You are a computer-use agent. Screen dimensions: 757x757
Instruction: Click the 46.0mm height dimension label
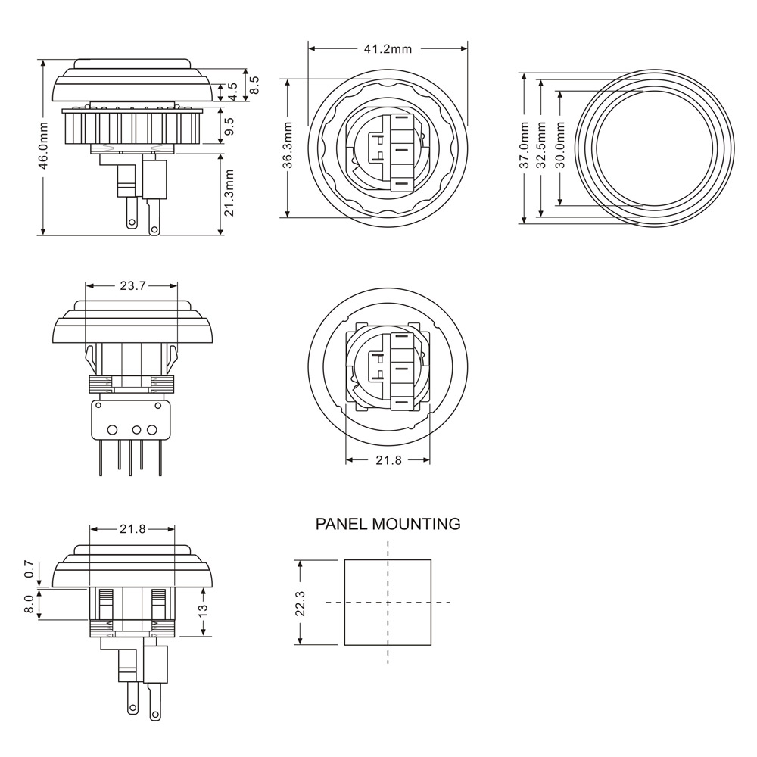(x=43, y=145)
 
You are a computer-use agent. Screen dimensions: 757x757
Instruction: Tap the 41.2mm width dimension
(x=388, y=48)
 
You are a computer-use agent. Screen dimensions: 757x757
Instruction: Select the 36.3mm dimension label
(x=288, y=145)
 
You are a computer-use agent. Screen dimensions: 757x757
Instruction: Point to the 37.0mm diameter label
(x=525, y=145)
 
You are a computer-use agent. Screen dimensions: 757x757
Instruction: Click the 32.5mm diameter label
(x=542, y=145)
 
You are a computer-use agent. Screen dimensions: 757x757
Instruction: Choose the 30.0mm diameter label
(x=560, y=145)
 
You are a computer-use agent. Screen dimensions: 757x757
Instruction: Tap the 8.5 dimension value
(x=254, y=85)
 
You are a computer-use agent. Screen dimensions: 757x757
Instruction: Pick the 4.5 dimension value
(x=232, y=92)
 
